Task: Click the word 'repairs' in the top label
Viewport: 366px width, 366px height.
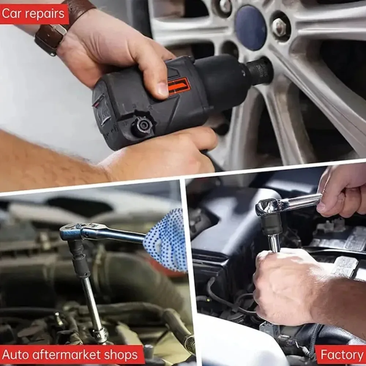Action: coord(46,14)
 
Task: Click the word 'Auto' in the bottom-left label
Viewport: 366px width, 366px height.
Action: coord(15,355)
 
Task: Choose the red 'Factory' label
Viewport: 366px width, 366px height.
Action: coord(341,355)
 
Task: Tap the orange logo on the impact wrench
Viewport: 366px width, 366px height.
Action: coord(179,86)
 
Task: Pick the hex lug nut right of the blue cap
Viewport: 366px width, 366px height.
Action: coord(280,27)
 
